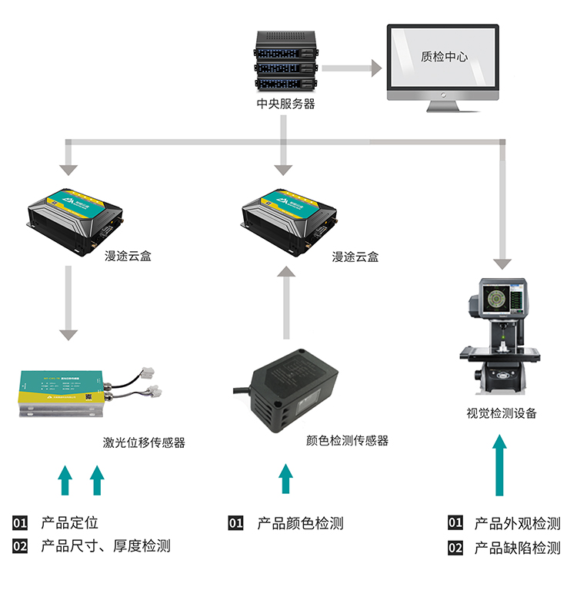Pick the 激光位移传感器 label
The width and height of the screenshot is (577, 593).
click(144, 442)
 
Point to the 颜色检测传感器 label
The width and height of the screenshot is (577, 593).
click(347, 440)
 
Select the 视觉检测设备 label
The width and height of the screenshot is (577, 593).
click(502, 413)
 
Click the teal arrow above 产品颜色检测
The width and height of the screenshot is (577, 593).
click(285, 479)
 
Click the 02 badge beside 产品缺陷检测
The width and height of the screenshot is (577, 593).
click(455, 548)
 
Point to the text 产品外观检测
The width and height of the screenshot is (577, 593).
click(517, 524)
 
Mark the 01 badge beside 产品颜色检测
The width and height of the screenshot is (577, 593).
click(235, 524)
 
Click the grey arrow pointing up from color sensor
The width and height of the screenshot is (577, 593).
click(286, 303)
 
